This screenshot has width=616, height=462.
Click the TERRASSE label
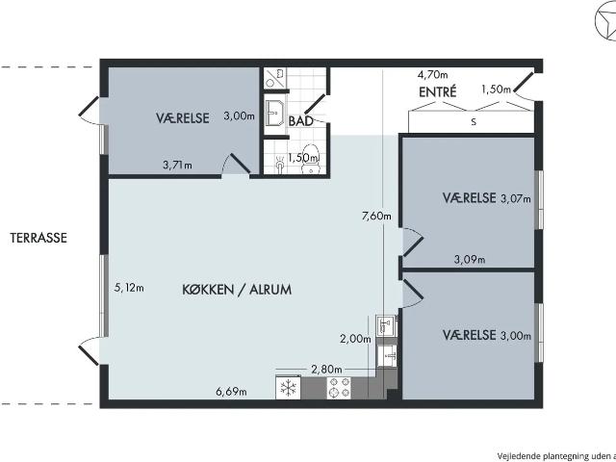(x=38, y=238)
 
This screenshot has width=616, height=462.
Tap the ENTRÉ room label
(x=438, y=92)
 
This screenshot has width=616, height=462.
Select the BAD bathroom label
(x=301, y=121)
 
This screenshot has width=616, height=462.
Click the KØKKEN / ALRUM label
(x=237, y=290)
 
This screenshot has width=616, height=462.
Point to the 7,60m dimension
(x=376, y=216)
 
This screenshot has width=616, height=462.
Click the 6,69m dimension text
(x=231, y=392)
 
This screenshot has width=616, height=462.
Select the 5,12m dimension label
(x=129, y=288)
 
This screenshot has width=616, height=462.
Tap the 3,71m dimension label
(x=177, y=165)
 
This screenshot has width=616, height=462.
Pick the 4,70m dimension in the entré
(x=432, y=74)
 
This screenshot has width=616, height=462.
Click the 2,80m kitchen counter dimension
(x=326, y=370)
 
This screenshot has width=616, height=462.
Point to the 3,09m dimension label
(x=470, y=259)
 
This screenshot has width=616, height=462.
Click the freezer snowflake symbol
(x=289, y=388)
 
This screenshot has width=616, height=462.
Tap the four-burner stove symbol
(x=339, y=388)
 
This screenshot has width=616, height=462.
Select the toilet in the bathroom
(x=312, y=159)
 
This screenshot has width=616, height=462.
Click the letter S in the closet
(x=474, y=122)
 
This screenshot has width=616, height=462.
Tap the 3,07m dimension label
(x=516, y=199)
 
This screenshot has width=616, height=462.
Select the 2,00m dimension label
(x=355, y=338)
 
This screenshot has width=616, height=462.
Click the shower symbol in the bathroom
(x=274, y=78)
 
